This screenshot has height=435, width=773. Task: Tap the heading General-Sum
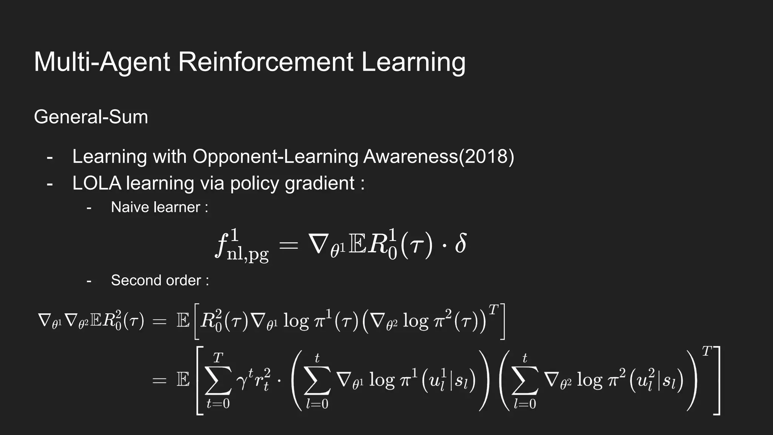pyautogui.click(x=91, y=117)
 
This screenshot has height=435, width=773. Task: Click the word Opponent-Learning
pyautogui.click(x=276, y=156)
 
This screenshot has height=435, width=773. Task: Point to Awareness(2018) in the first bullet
pyautogui.click(x=439, y=156)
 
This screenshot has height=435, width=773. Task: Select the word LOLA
pyautogui.click(x=97, y=183)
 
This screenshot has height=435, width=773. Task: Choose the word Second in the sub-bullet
pyautogui.click(x=132, y=280)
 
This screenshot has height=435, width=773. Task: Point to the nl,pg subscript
pyautogui.click(x=248, y=255)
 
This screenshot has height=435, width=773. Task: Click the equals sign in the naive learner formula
pyautogui.click(x=288, y=246)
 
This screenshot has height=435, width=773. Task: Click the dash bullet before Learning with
pyautogui.click(x=50, y=157)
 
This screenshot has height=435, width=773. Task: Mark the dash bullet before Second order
pyautogui.click(x=89, y=281)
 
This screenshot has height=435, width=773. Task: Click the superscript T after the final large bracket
pyautogui.click(x=706, y=352)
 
